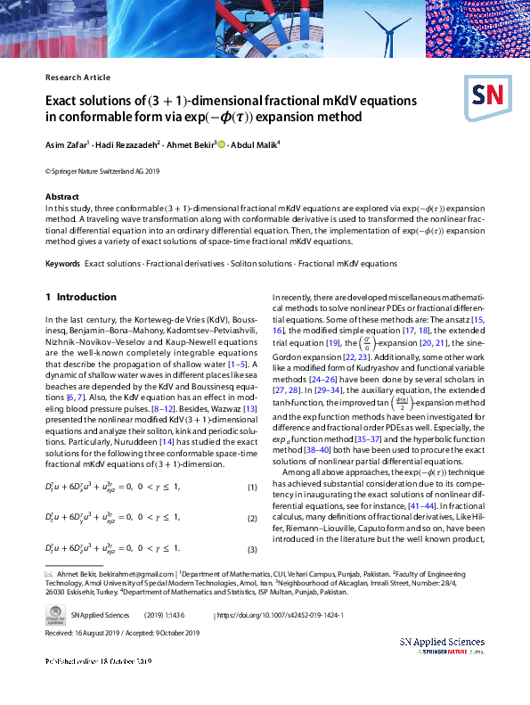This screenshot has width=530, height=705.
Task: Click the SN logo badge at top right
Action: (x=487, y=95)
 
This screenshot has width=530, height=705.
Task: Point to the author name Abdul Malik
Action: (x=255, y=143)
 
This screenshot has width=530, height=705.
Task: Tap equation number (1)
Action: (x=251, y=488)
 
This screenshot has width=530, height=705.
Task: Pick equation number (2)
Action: (x=251, y=518)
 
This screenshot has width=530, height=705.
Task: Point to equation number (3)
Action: (x=251, y=548)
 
